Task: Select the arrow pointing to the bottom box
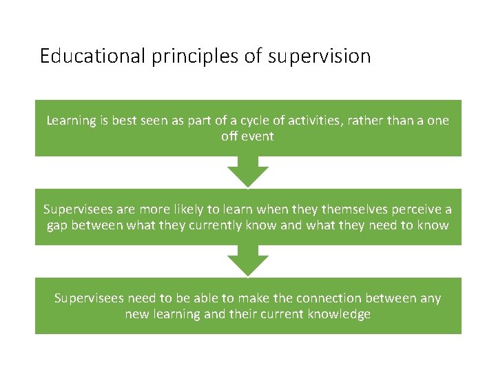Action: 248,261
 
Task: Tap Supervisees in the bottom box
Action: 87,298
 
